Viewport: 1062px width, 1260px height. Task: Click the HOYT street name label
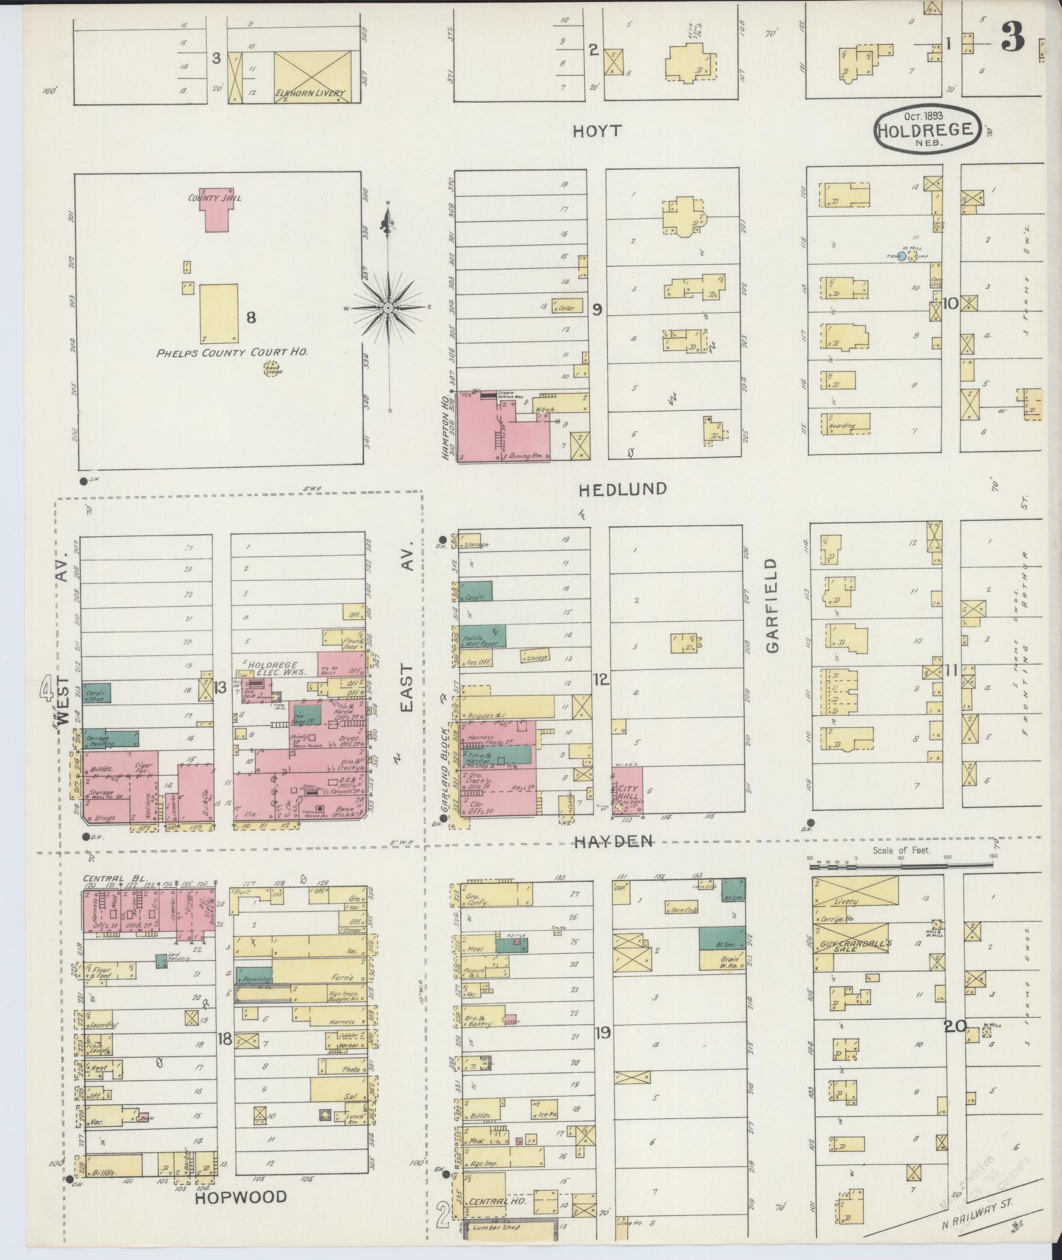coord(597,131)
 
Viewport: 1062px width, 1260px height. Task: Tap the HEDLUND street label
coord(623,489)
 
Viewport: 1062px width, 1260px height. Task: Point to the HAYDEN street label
coord(613,841)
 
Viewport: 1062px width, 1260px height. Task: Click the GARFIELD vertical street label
coord(772,606)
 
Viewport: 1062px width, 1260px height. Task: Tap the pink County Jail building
coord(215,212)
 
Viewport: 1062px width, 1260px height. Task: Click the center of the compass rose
coord(388,308)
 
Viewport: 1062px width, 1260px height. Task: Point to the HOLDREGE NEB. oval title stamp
coord(928,130)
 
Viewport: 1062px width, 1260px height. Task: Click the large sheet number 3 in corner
coord(1013,39)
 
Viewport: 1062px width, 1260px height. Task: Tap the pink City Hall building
coord(627,789)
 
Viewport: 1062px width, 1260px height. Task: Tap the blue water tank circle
coord(901,257)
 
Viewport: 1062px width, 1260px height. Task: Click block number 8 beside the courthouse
coord(251,317)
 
